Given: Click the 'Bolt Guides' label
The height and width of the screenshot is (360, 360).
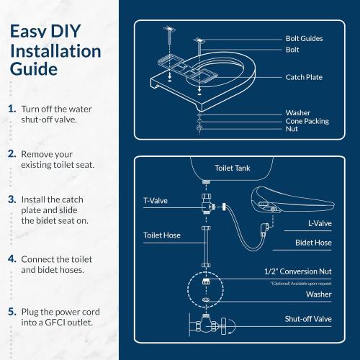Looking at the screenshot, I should pos(305,38).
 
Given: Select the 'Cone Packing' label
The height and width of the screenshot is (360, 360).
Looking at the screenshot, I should pos(307,121).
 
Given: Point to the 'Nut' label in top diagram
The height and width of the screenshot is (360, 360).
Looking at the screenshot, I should pos(292,129).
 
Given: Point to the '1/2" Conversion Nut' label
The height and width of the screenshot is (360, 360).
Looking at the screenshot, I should pos(298,272).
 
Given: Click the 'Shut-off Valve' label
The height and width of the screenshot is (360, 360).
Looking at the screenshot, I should pos(307,318).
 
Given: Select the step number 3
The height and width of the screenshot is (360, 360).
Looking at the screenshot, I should pos(12,198).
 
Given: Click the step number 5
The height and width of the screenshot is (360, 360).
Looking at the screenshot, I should pos(12,312).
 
